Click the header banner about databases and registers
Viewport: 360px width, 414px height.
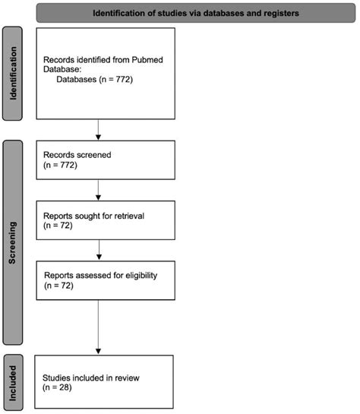click(194, 13)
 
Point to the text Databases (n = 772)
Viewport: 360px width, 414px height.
click(95, 78)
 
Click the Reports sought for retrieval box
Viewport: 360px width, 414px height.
click(99, 220)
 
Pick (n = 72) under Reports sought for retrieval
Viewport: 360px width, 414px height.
click(58, 226)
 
